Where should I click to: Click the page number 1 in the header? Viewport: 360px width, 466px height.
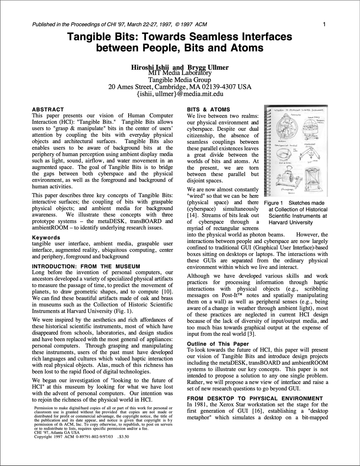(324, 24)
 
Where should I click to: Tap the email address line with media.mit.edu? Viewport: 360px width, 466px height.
(180, 94)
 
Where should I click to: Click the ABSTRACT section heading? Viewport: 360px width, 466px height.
(48, 109)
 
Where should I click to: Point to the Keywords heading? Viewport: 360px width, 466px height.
(46, 237)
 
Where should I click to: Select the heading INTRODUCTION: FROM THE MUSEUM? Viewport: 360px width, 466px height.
(86, 266)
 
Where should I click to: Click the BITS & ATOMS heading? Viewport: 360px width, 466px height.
(208, 109)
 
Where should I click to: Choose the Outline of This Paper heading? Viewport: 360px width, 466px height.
(218, 344)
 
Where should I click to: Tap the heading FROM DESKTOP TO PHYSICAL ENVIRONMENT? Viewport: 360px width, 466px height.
(255, 398)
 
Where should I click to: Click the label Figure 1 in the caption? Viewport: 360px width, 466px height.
(273, 203)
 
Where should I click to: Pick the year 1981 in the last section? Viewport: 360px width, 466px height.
(202, 405)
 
